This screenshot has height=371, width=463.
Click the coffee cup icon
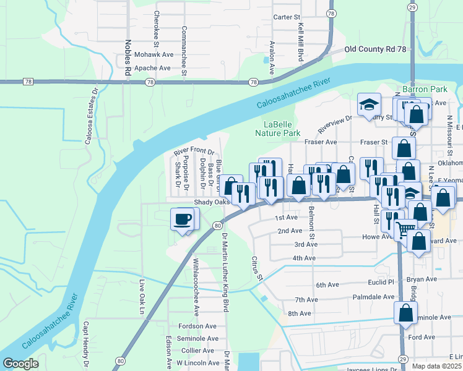click(183, 219)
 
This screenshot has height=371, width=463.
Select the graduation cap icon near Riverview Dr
click(369, 104)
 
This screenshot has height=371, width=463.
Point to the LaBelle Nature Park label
click(279, 129)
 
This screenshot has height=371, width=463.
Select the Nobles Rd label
click(128, 59)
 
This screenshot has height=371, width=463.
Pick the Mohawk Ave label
click(152, 54)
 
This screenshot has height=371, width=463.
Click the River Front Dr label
click(194, 151)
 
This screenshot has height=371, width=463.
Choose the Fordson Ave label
click(196, 326)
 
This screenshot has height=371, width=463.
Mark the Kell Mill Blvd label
click(301, 41)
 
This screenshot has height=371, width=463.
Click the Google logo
click(21, 364)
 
